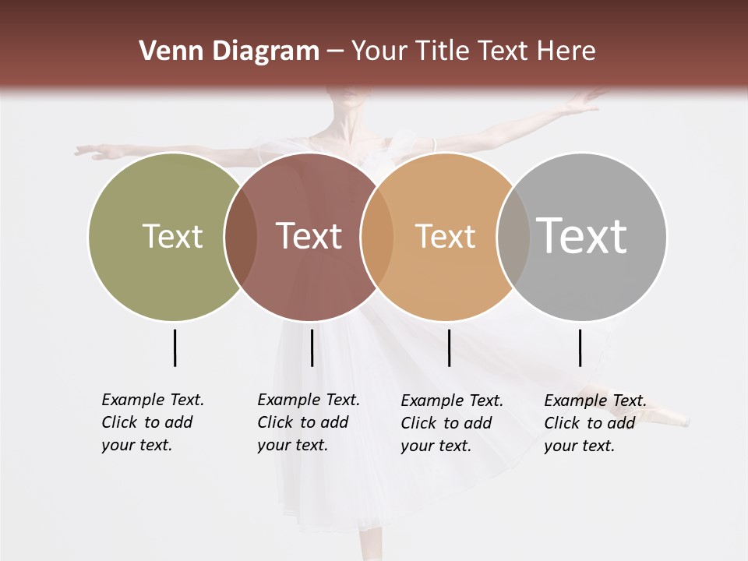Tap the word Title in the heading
click(440, 51)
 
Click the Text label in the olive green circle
click(172, 236)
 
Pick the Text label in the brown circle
click(309, 236)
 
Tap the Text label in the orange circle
click(445, 236)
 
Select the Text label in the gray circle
click(582, 236)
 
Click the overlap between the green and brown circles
click(241, 236)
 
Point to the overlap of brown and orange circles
click(377, 236)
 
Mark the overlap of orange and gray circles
click(513, 236)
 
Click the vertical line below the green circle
click(175, 348)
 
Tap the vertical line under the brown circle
click(312, 348)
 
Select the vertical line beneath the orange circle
click(449, 348)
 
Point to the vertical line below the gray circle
click(580, 348)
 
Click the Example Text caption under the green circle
click(153, 422)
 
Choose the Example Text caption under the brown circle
click(309, 422)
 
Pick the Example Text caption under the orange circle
click(452, 423)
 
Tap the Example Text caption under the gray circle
click(595, 423)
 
